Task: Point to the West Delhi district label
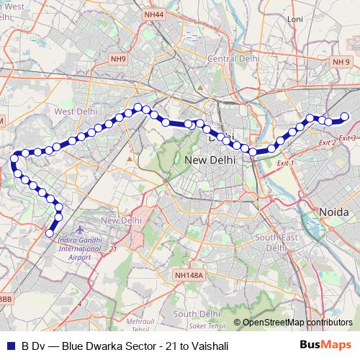click(x=75, y=112)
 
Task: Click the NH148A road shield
click(x=190, y=275)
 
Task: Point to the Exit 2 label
click(x=326, y=143)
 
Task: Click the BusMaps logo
click(x=325, y=346)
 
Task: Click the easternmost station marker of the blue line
click(x=344, y=117)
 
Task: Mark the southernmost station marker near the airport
click(x=50, y=233)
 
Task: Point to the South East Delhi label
click(x=276, y=242)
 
